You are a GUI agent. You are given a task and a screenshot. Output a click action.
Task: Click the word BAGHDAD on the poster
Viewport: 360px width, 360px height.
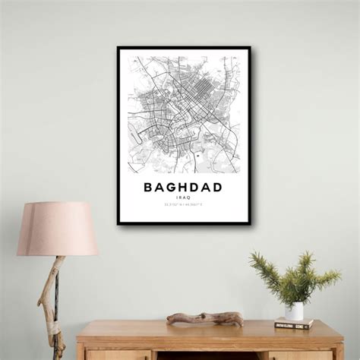click(x=183, y=187)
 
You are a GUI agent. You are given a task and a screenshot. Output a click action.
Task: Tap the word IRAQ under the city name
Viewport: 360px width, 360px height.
click(x=183, y=197)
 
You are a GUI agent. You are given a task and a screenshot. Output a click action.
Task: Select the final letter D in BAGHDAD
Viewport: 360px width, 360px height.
click(x=218, y=187)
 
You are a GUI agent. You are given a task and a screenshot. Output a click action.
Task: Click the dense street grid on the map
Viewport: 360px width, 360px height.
click(x=190, y=95)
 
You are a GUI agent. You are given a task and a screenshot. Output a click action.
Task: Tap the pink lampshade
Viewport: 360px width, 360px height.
click(x=58, y=229)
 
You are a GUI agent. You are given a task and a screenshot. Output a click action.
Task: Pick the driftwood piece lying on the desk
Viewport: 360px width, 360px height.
click(x=205, y=317)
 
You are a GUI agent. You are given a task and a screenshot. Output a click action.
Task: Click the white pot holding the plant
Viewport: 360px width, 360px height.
click(x=294, y=311)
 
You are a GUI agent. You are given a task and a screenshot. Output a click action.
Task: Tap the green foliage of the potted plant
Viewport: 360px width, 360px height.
click(x=295, y=277)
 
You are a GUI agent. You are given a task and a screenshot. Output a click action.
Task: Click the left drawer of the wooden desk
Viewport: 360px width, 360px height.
click(x=118, y=355)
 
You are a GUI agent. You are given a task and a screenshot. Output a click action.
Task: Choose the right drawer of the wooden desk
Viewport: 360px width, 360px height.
click(x=300, y=355)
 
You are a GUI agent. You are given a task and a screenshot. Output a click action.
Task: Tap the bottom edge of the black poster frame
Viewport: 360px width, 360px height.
click(x=184, y=223)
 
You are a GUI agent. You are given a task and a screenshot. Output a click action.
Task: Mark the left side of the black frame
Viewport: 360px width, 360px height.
click(x=118, y=137)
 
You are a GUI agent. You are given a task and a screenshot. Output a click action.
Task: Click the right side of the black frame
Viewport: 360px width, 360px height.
click(x=249, y=137)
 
